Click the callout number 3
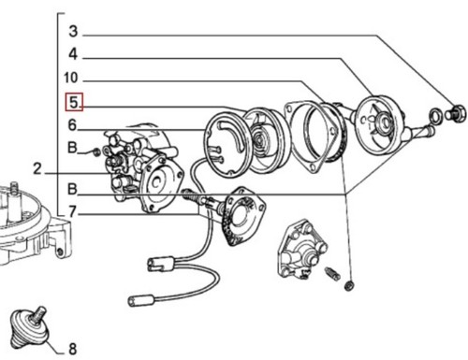73,31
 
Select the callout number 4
73,54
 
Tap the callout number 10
70,78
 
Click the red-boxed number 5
74,102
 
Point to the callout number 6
72,125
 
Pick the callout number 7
72,212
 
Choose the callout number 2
37,169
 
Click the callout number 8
72,349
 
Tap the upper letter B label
72,148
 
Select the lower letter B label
72,189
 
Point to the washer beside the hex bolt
435,115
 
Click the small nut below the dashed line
349,285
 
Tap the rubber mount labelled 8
29,327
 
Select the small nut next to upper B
96,152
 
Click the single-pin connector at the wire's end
141,300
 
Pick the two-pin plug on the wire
159,264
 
